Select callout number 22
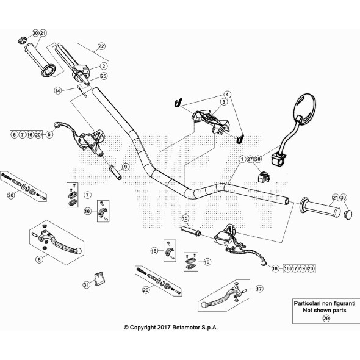pyautogui.click(x=101, y=46)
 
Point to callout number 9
pyautogui.click(x=126, y=167)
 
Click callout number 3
pyautogui.click(x=223, y=101)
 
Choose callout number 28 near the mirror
pyautogui.click(x=257, y=159)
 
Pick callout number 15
pyautogui.click(x=185, y=218)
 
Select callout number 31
pyautogui.click(x=86, y=285)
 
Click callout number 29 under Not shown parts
pyautogui.click(x=326, y=319)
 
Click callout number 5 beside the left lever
pyautogui.click(x=49, y=134)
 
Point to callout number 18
pyautogui.click(x=275, y=268)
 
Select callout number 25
pyautogui.click(x=104, y=76)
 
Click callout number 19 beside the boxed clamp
pyautogui.click(x=207, y=262)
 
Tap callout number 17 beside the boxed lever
pyautogui.click(x=259, y=289)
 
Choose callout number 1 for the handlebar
pyautogui.click(x=242, y=159)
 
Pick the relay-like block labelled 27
pyautogui.click(x=264, y=177)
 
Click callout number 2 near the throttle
pyautogui.click(x=104, y=66)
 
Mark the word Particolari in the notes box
pyautogui.click(x=305, y=303)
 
